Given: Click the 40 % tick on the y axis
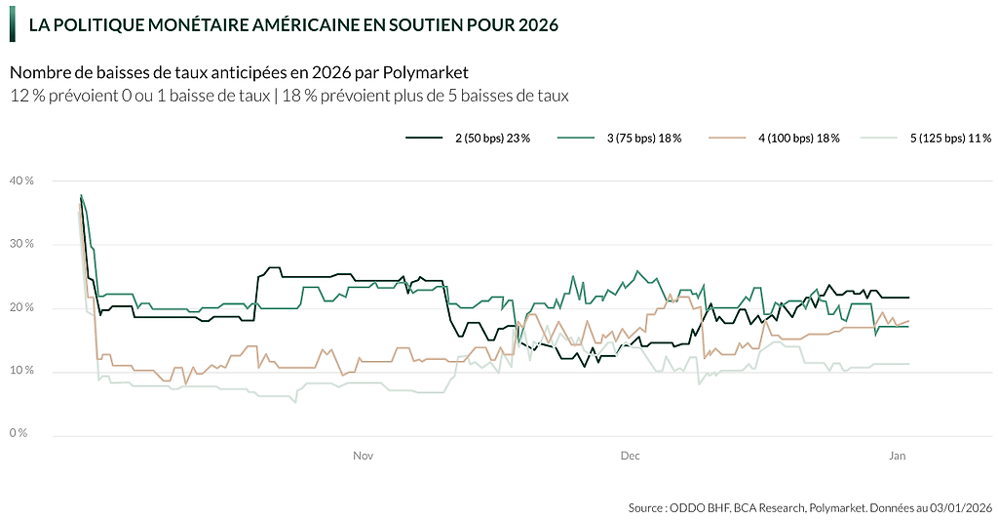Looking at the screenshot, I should tap(21, 180).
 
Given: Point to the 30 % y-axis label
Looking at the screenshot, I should tap(21, 244).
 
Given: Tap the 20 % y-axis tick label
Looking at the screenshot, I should tap(21, 307).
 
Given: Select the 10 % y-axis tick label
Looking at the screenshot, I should tap(21, 371).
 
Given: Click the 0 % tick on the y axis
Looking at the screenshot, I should tap(19, 433).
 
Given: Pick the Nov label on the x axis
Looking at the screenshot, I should tap(364, 455).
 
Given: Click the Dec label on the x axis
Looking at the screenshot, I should tap(630, 455).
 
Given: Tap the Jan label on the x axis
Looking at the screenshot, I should tap(898, 455).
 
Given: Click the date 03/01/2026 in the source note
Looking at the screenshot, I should tap(960, 507).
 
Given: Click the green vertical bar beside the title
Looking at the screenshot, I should tap(13, 23).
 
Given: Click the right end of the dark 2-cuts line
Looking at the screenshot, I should tap(908, 297).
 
